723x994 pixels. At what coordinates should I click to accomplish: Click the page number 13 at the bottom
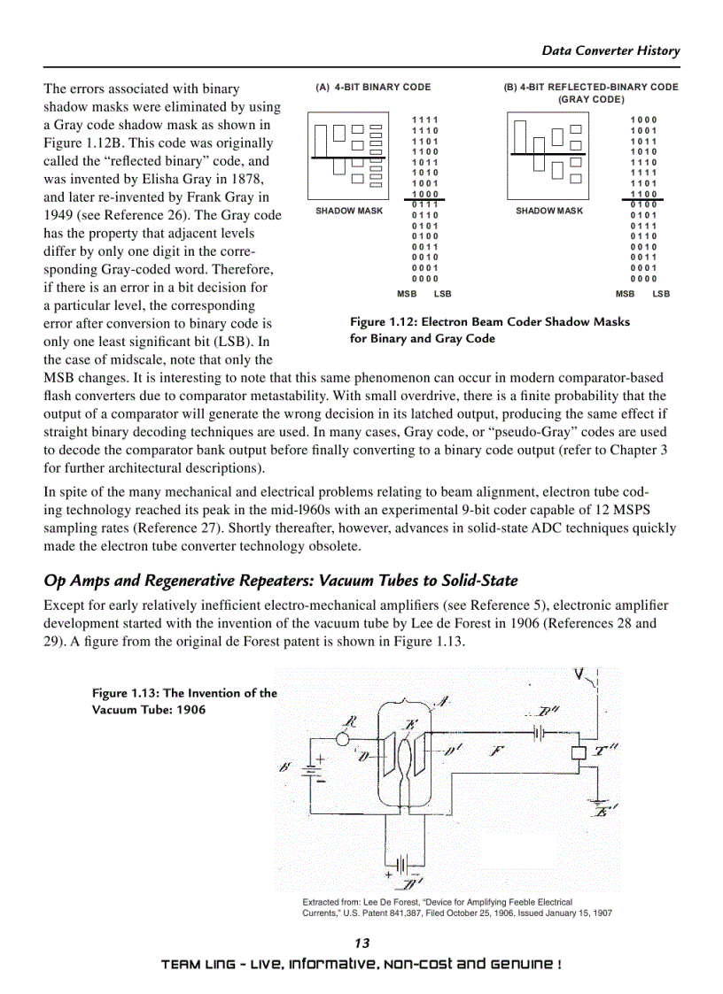coord(361,943)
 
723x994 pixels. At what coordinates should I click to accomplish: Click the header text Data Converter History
coord(610,50)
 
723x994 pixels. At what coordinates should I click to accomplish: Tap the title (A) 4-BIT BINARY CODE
coord(373,88)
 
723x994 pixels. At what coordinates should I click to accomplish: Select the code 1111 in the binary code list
coord(425,119)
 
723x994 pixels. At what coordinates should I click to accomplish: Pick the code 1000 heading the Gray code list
coord(643,119)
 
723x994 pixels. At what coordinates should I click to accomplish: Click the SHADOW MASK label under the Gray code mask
coord(549,211)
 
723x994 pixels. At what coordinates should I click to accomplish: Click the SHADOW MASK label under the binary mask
coord(349,211)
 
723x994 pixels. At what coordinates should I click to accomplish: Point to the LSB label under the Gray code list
coord(661,294)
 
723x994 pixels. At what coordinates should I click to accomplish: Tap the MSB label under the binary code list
coord(407,294)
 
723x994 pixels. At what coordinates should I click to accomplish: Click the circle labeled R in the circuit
coord(342,738)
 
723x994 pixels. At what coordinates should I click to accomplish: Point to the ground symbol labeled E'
coord(599,806)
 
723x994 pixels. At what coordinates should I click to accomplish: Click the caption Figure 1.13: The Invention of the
coord(184,693)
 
